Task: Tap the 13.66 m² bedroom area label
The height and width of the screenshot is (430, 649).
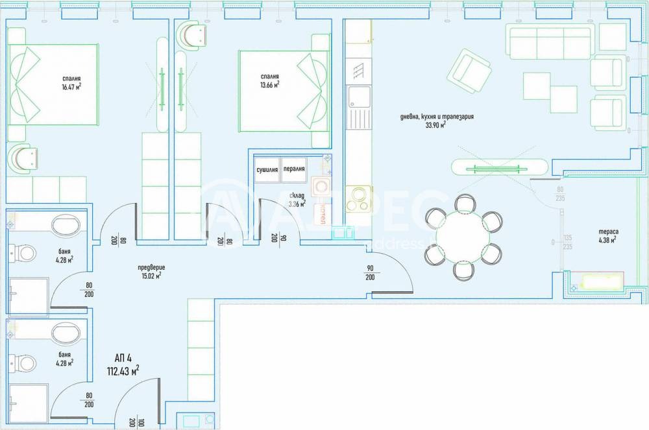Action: click(268, 80)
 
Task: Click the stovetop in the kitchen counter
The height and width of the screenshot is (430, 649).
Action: click(358, 199)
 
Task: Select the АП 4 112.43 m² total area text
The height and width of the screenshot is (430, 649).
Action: click(123, 366)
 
